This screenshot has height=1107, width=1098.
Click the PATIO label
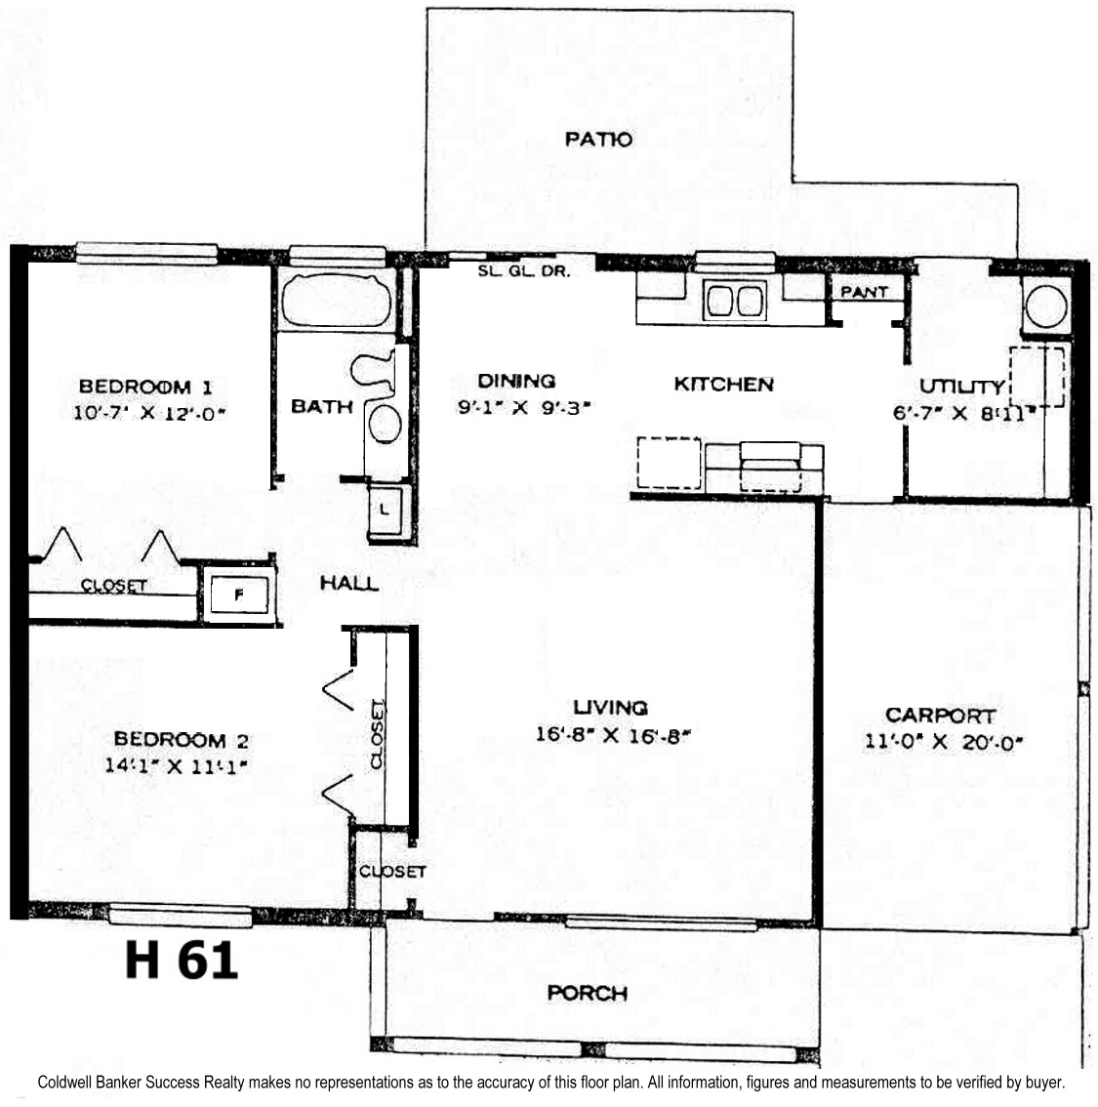[598, 139]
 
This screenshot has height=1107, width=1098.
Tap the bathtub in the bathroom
[337, 301]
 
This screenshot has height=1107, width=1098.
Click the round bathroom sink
[386, 424]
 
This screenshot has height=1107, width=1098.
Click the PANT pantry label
[864, 292]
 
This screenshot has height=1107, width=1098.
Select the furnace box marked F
[239, 594]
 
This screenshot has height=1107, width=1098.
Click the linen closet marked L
[386, 509]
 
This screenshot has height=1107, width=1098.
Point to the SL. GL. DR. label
[523, 271]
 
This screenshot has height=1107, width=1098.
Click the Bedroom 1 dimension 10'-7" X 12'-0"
[149, 413]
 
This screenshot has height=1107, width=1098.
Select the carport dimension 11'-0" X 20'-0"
[944, 742]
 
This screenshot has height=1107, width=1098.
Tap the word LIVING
[610, 708]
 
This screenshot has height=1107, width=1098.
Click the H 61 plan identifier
[182, 961]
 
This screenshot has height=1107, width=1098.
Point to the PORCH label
[588, 994]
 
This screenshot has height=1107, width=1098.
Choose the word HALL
[349, 583]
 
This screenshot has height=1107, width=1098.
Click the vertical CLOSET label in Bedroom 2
[379, 734]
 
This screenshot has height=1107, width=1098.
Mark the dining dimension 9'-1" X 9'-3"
[523, 407]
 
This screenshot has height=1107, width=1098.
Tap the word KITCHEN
[724, 384]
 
